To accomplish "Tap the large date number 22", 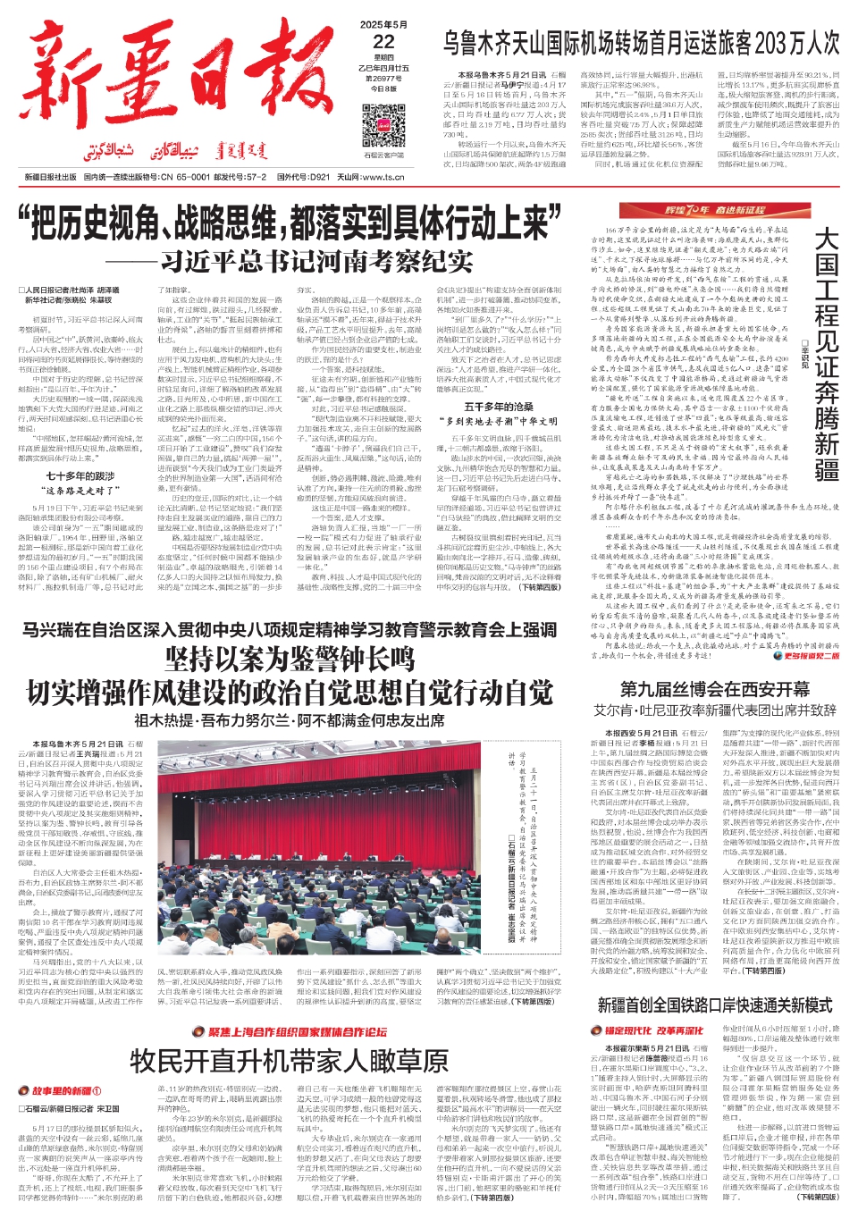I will click(383, 42).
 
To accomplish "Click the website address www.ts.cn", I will click(383, 177).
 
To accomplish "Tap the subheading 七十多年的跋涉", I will click(80, 476).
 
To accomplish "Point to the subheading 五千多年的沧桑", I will click(499, 407).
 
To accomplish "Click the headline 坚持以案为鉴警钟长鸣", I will click(290, 660).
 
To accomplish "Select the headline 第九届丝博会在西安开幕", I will click(715, 689).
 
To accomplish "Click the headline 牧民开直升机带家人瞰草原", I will click(289, 1061).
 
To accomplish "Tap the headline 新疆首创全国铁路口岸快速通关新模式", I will click(715, 1005).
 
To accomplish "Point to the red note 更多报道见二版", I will click(812, 656).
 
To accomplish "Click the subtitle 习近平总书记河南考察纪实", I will click(316, 261).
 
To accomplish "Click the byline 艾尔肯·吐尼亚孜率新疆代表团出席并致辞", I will click(715, 710).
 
